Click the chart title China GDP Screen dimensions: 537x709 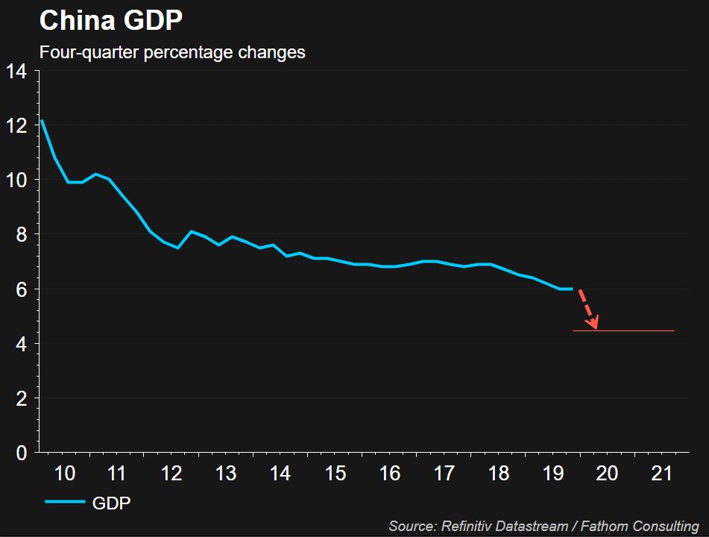click(x=110, y=20)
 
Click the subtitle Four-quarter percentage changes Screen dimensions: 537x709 click(x=171, y=53)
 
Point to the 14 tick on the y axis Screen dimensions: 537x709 click(x=16, y=71)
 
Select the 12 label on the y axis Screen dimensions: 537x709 click(x=16, y=125)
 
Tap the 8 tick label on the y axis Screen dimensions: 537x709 click(x=21, y=234)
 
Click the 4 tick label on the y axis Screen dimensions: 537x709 click(x=21, y=344)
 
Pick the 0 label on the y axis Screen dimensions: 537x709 click(x=21, y=453)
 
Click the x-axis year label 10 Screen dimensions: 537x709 click(x=65, y=473)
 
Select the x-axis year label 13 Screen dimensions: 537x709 click(x=226, y=473)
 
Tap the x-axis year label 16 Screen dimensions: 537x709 click(x=390, y=473)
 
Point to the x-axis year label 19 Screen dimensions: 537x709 click(x=552, y=473)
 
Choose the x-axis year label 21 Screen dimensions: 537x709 click(x=662, y=473)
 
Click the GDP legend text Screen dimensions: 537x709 click(x=112, y=503)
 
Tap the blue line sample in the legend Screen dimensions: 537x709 click(x=64, y=503)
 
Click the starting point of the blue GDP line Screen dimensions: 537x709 click(x=41, y=120)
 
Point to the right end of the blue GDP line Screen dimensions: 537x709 click(x=572, y=289)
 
